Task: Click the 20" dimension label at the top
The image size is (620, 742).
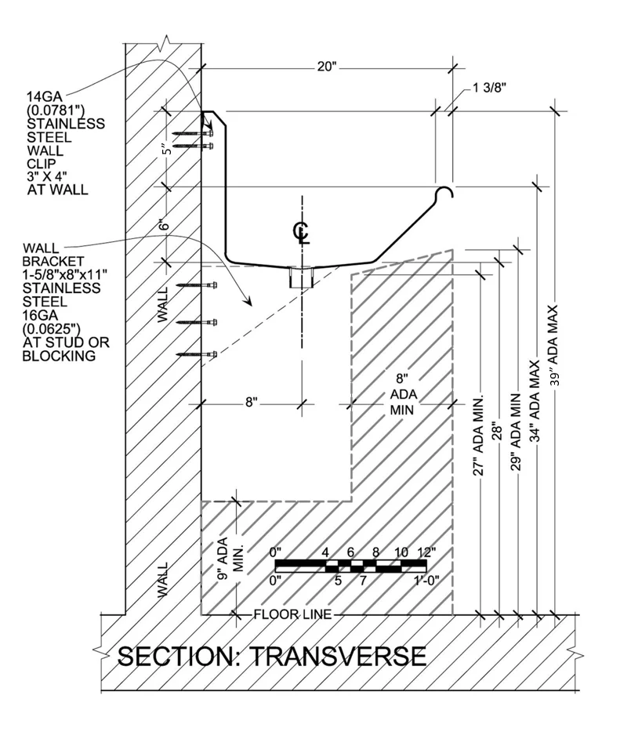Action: tap(327, 67)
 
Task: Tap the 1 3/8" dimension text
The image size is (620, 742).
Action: tap(490, 89)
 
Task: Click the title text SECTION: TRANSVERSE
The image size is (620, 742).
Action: tap(271, 655)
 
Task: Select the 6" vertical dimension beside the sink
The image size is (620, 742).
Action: tap(165, 224)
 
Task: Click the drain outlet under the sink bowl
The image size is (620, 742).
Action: tap(300, 277)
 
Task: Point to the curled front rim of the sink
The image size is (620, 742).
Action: tap(446, 193)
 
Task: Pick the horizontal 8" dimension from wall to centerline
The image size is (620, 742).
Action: tap(252, 403)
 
